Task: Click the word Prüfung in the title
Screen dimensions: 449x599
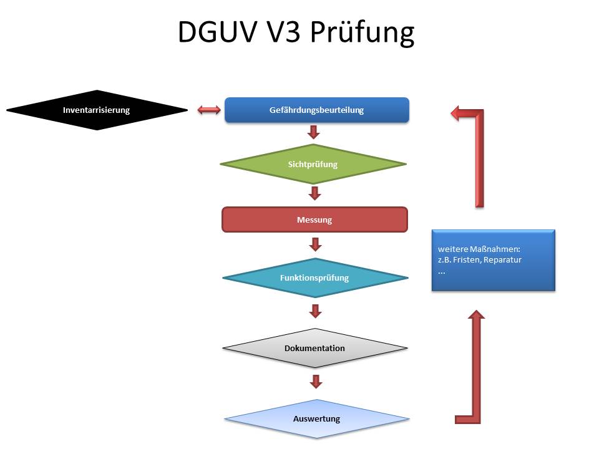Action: pyautogui.click(x=363, y=32)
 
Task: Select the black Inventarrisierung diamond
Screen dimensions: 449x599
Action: pyautogui.click(x=97, y=110)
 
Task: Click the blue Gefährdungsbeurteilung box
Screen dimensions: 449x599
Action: pyautogui.click(x=316, y=110)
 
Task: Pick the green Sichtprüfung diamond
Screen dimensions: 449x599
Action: pyautogui.click(x=313, y=165)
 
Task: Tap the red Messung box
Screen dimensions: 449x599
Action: pyautogui.click(x=314, y=220)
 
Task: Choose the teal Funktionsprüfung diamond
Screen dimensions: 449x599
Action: pyautogui.click(x=314, y=278)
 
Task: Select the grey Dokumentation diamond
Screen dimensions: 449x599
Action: pyautogui.click(x=314, y=348)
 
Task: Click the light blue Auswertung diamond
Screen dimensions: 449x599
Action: pyautogui.click(x=316, y=418)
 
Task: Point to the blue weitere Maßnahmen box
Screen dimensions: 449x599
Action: pyautogui.click(x=493, y=260)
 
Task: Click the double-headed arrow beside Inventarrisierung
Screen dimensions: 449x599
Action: pyautogui.click(x=208, y=110)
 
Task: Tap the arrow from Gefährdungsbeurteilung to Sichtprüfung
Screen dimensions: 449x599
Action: pyautogui.click(x=314, y=132)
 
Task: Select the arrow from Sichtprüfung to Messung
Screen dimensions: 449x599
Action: pyautogui.click(x=314, y=193)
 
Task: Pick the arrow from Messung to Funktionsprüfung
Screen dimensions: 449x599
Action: pyautogui.click(x=314, y=243)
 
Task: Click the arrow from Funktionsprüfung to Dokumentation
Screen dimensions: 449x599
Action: pyautogui.click(x=315, y=310)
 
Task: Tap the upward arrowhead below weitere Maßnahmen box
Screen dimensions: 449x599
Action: pyautogui.click(x=476, y=317)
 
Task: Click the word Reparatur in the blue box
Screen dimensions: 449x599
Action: pyautogui.click(x=505, y=259)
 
